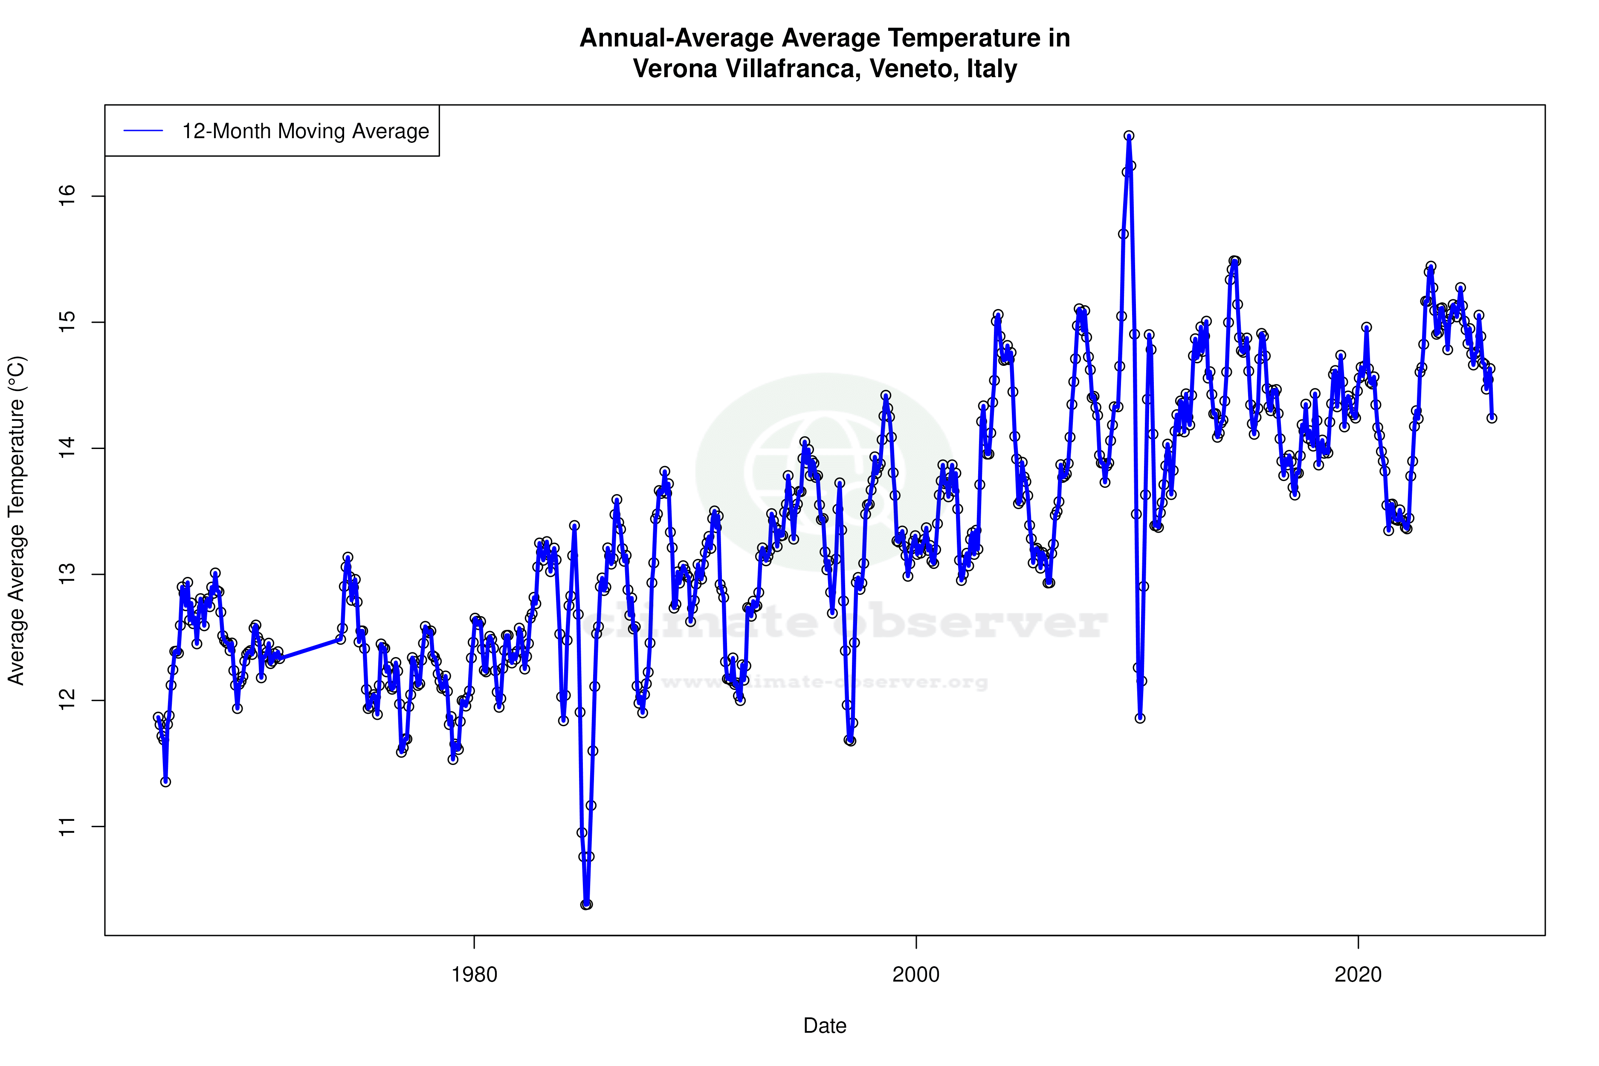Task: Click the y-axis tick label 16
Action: [x=67, y=197]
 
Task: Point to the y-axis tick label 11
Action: [x=67, y=827]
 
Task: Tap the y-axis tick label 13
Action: [x=67, y=574]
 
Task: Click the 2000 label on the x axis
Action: [x=916, y=975]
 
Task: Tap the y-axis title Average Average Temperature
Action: [x=16, y=520]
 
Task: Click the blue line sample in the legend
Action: [x=143, y=131]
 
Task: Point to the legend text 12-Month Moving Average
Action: [x=305, y=131]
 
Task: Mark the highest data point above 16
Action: [x=1129, y=136]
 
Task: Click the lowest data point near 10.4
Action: [x=586, y=904]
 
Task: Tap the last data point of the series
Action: [x=1492, y=418]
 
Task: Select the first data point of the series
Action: [x=158, y=717]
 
